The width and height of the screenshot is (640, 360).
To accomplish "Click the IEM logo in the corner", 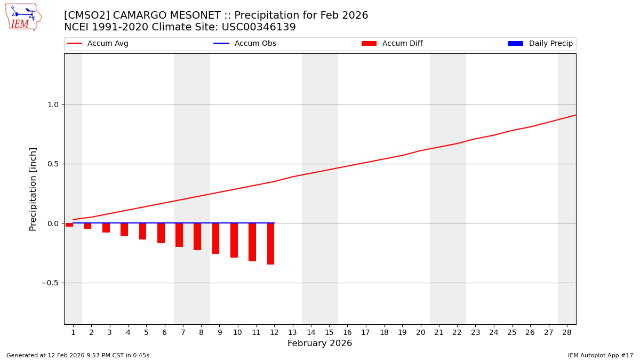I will click(x=23, y=17).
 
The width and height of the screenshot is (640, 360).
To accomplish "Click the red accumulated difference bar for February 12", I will click(x=271, y=244).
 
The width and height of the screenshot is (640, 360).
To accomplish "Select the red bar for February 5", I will click(x=143, y=231).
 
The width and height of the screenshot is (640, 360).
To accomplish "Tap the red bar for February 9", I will click(x=216, y=238).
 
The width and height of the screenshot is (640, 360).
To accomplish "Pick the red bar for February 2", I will click(x=88, y=226).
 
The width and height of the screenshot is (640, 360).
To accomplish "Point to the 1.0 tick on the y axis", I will click(x=52, y=105).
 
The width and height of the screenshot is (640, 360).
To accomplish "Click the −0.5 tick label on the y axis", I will click(x=50, y=283).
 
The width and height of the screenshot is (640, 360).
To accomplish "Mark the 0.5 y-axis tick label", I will click(x=52, y=164).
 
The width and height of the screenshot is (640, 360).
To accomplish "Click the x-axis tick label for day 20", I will click(x=420, y=332).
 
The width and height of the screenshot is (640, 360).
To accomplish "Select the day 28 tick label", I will click(x=567, y=332).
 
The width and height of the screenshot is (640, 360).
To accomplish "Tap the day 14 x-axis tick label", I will click(x=311, y=332).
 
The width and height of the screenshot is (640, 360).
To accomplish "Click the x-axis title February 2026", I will click(x=319, y=343).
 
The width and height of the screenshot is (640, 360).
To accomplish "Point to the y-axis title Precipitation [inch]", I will click(x=33, y=189).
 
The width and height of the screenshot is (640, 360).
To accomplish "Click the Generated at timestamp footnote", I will click(x=78, y=355).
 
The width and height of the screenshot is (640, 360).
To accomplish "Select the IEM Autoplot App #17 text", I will click(x=601, y=355).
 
